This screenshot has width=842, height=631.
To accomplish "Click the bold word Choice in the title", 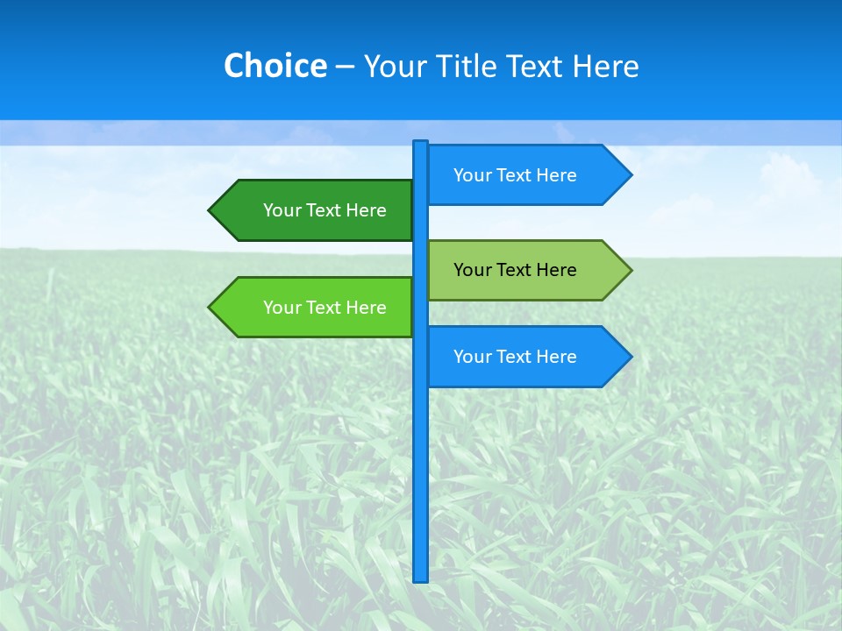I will [x=275, y=66].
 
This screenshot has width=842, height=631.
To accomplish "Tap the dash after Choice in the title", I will [x=345, y=67].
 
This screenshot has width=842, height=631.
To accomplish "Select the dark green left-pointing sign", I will [x=316, y=210].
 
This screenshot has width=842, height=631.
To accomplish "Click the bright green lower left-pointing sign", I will [x=316, y=308].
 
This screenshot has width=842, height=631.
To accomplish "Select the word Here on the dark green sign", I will [x=366, y=210].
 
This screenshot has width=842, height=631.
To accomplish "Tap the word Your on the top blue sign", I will [x=472, y=175].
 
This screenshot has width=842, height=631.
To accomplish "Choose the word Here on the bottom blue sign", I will [x=556, y=357].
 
